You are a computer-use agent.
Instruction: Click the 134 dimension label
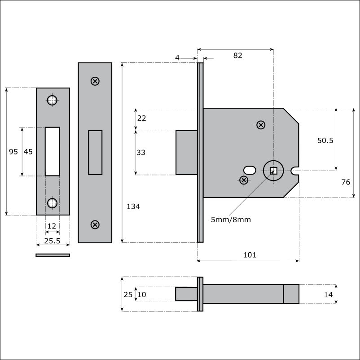click(x=133, y=206)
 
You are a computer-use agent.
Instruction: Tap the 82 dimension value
click(x=237, y=55)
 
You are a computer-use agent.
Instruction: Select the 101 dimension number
click(x=250, y=255)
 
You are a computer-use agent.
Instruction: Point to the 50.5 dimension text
click(x=325, y=140)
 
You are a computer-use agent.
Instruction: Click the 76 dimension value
click(x=346, y=182)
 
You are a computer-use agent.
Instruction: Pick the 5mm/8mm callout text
click(x=231, y=220)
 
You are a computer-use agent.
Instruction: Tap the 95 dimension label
click(x=13, y=152)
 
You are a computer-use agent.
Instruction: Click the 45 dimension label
click(x=28, y=152)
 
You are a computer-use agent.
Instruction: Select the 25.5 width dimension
click(x=52, y=241)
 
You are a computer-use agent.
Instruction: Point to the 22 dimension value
click(x=141, y=118)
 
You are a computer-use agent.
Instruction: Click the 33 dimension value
click(x=141, y=153)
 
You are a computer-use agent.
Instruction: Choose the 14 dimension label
click(x=328, y=294)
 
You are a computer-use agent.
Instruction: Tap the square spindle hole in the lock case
click(x=273, y=171)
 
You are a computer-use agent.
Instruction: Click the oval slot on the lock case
click(x=250, y=171)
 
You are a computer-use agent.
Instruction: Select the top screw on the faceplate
click(x=95, y=81)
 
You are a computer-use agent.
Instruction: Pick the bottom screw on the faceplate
click(x=95, y=224)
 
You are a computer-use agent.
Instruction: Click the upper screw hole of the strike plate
click(x=52, y=101)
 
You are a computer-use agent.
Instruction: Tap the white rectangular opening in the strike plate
click(x=53, y=152)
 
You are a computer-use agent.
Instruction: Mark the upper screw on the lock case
click(x=261, y=125)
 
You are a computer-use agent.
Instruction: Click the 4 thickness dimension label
click(x=177, y=57)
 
